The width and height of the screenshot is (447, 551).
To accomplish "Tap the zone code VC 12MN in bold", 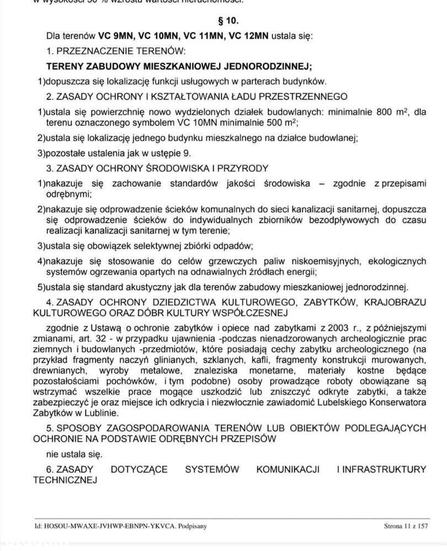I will pyautogui.click(x=248, y=36).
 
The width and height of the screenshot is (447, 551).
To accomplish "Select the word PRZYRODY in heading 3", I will pyautogui.click(x=243, y=168).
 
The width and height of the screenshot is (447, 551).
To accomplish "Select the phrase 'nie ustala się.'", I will pyautogui.click(x=74, y=454).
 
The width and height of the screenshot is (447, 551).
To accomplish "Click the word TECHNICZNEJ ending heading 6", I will pyautogui.click(x=65, y=480).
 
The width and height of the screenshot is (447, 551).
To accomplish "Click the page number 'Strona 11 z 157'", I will pyautogui.click(x=406, y=526).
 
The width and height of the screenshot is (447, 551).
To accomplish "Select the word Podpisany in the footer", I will pyautogui.click(x=191, y=526).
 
